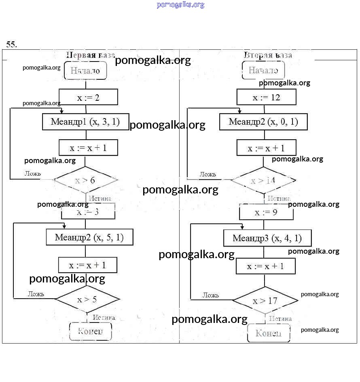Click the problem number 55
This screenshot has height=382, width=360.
tap(11, 45)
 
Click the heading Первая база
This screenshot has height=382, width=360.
tap(91, 55)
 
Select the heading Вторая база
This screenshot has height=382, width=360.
tap(268, 55)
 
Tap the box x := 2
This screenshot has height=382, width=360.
tap(88, 97)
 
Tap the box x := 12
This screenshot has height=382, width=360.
tap(266, 98)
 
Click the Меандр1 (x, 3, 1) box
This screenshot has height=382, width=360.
tap(85, 122)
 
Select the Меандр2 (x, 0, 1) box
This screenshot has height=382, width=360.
tap(263, 122)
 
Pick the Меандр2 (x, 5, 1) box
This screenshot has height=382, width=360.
tap(89, 237)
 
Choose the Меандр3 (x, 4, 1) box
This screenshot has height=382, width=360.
tap(267, 238)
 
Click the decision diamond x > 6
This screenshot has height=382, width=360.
tap(85, 180)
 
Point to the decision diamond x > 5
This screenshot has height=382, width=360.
tap(87, 299)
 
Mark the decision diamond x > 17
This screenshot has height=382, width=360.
tap(265, 301)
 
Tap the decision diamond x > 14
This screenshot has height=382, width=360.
tap(263, 180)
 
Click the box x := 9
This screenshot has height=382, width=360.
tap(266, 212)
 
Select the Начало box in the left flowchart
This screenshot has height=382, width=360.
tap(85, 70)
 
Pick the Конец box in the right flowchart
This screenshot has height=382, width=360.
tap(269, 333)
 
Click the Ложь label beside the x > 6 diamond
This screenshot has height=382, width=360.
tap(33, 174)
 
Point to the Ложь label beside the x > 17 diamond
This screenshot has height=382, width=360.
tap(211, 295)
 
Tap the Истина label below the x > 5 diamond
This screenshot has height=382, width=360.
tap(104, 318)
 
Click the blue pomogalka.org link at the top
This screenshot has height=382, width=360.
tap(180, 5)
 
